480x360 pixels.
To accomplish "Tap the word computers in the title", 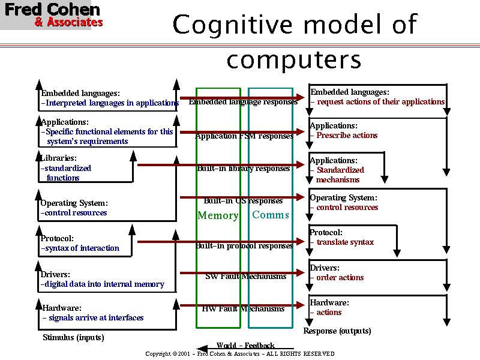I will click(x=295, y=59).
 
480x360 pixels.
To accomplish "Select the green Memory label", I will click(x=218, y=216).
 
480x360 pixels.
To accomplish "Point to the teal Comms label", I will click(x=271, y=215).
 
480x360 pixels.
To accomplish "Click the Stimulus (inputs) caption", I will click(x=73, y=338).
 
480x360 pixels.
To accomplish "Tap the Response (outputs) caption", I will click(x=337, y=331).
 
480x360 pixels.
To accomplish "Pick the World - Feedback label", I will click(x=245, y=346).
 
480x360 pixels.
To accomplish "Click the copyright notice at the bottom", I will click(x=240, y=354).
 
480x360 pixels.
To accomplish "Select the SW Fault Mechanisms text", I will click(x=245, y=277).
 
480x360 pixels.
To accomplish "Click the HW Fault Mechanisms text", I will click(x=243, y=309).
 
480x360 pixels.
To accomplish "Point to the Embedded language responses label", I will click(x=243, y=102).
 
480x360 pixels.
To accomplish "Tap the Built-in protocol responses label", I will click(x=244, y=246).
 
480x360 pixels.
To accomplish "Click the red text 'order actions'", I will click(x=340, y=278).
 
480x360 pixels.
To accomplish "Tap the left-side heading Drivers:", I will click(x=55, y=275).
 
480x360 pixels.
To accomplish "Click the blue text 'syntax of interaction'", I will click(x=82, y=248).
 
